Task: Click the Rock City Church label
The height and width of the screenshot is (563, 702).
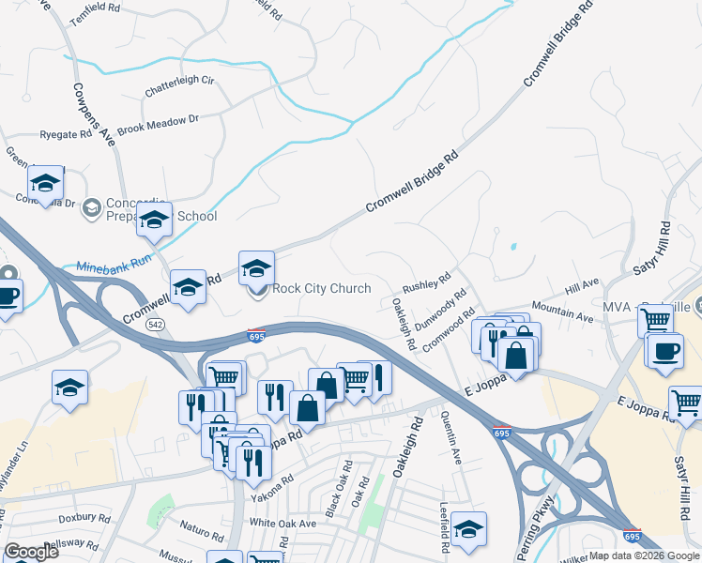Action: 321,288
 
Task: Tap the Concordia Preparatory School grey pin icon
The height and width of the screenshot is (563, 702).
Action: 92,207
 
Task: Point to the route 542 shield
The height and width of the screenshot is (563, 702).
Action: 157,325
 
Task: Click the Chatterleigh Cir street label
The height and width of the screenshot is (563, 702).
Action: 179,86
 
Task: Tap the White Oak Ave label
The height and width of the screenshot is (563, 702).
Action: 282,522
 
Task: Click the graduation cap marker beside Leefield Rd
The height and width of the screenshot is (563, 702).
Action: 468,528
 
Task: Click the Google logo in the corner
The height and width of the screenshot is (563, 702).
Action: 31,551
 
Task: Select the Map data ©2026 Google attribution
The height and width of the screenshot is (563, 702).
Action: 644,555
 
